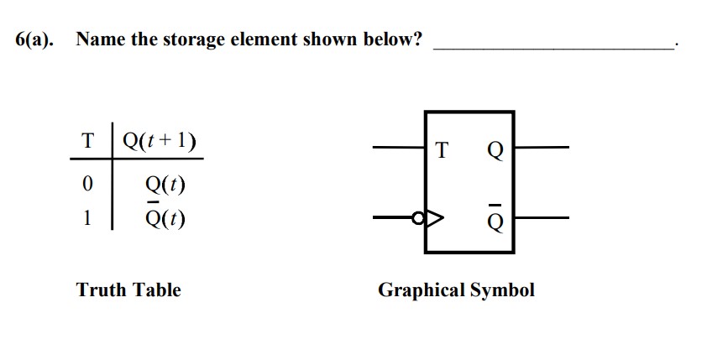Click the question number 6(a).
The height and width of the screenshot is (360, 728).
33,39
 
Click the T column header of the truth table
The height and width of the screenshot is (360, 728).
86,140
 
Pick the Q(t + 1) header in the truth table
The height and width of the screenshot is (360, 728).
160,140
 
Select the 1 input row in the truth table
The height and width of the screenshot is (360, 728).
86,218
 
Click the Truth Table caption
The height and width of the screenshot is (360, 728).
128,290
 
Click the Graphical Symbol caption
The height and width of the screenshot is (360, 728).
456,290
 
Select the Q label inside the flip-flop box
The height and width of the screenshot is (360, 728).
495,152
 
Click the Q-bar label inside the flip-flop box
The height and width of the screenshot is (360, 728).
495,221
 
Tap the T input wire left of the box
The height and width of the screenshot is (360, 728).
399,148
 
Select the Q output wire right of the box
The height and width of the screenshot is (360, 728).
542,148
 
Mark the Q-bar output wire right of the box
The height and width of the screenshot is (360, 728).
542,217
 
